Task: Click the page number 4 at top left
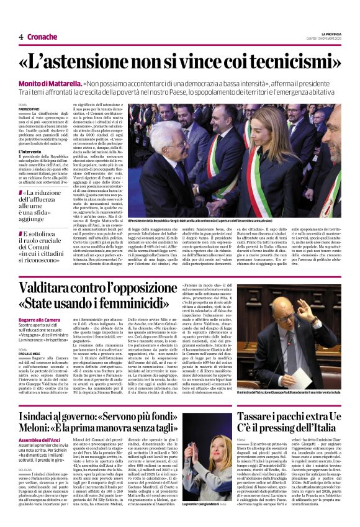point(20,37)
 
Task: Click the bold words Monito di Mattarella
point(51,83)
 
